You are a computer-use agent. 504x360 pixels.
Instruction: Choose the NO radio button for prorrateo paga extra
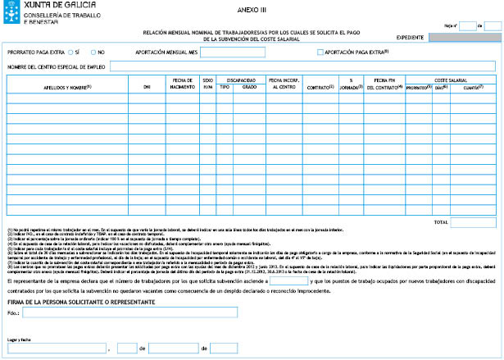click(x=93, y=52)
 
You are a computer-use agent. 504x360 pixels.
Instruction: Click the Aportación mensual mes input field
click(x=233, y=52)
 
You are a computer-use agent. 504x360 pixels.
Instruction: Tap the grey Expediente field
click(x=462, y=38)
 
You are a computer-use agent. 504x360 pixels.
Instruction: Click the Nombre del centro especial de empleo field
click(x=302, y=66)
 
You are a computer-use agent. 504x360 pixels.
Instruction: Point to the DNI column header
click(x=146, y=86)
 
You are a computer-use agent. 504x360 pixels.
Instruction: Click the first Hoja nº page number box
click(x=465, y=25)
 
